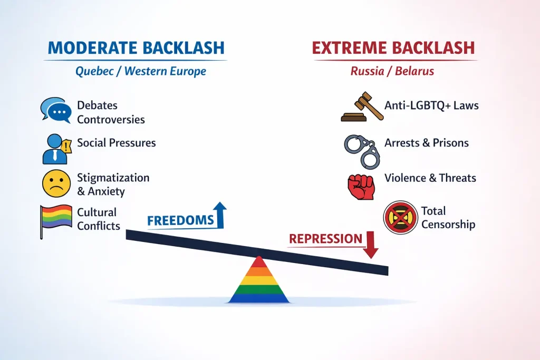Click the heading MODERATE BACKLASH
coord(136,48)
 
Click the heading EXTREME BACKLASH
coord(393,48)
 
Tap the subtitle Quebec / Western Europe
coord(140,71)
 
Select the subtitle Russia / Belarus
coord(392,71)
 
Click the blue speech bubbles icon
coord(56,110)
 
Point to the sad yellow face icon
coord(56,183)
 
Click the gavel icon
coord(362,106)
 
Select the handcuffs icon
coord(362,151)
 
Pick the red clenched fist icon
coord(361,187)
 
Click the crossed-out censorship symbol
coord(400,218)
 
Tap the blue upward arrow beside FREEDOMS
coord(220,215)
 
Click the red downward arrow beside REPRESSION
coord(371,245)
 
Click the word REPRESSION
coord(325,239)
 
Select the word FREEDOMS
coord(180,220)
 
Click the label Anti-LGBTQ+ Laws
coord(431,105)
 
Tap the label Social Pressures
coord(117,143)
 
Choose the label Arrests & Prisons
coord(427,143)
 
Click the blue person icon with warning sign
coord(56,149)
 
